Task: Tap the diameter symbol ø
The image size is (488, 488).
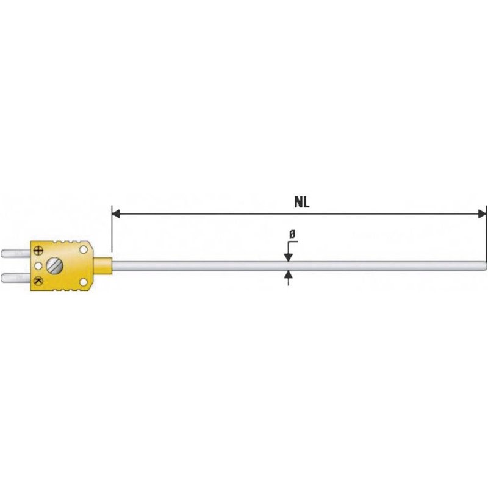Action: click(292, 234)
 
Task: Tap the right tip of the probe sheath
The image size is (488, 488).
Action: click(486, 265)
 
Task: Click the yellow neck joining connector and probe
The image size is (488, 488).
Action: click(103, 265)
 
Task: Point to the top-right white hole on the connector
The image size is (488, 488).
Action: click(83, 249)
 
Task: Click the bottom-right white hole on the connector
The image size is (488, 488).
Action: click(83, 281)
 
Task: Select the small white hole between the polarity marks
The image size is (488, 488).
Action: click(38, 265)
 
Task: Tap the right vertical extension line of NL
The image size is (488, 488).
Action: click(487, 232)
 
